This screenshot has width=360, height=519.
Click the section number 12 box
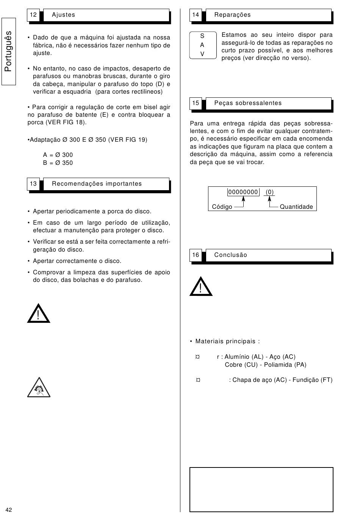point(33,15)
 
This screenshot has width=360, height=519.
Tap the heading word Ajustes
point(64,15)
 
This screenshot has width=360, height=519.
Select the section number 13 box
point(33,184)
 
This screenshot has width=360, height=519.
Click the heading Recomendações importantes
point(97,184)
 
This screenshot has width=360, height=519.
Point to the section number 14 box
point(196,15)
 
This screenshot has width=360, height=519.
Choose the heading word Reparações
point(232,15)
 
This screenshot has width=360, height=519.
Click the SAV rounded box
point(202,45)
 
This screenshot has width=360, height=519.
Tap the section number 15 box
point(196,103)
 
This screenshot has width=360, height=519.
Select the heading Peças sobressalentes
point(248,103)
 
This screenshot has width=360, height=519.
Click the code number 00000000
point(243,192)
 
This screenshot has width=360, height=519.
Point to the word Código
point(222,207)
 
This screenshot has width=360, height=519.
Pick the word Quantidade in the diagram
point(296,207)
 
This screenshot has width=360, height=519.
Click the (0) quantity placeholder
point(269,192)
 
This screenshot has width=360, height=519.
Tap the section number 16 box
point(196,255)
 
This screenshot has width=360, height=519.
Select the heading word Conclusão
point(230,255)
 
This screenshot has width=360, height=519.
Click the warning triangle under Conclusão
point(201,287)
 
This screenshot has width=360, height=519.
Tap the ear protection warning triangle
point(39,388)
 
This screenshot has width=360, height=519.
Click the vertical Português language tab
point(8,52)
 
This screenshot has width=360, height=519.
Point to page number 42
point(9,510)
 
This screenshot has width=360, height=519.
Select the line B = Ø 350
point(58,163)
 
